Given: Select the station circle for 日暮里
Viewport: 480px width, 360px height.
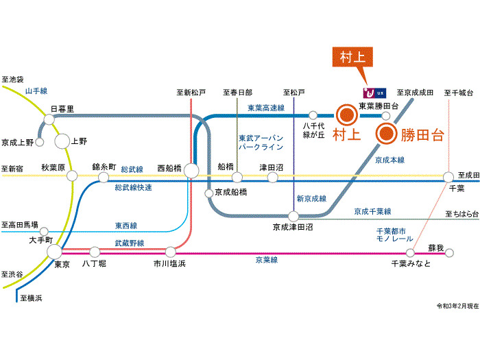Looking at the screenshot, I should (49, 119).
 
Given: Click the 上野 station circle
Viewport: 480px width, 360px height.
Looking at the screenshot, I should (62, 141).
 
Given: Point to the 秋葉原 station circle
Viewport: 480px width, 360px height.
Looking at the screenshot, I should (72, 176).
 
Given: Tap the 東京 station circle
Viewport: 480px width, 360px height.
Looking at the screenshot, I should (55, 252).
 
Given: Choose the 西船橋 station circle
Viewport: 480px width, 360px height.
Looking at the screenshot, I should (191, 170).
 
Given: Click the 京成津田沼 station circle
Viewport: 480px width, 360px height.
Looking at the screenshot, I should (293, 217).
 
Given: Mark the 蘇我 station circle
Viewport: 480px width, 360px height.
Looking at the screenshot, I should (450, 253).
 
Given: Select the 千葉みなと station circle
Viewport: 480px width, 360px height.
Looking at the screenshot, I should (411, 253).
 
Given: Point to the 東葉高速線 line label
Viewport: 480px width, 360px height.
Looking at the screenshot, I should (266, 108).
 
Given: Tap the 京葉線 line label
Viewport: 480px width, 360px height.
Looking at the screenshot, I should (266, 260).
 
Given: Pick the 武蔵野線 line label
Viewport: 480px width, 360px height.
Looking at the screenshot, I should (130, 243).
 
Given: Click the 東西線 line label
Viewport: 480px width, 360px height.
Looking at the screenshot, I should (126, 225).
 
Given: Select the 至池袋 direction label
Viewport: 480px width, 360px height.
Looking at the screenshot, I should (12, 79).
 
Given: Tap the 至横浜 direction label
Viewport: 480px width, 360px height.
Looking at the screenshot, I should (31, 298).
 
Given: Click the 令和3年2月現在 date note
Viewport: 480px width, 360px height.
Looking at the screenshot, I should (457, 305).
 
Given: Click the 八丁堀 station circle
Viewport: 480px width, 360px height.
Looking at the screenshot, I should (95, 252).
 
